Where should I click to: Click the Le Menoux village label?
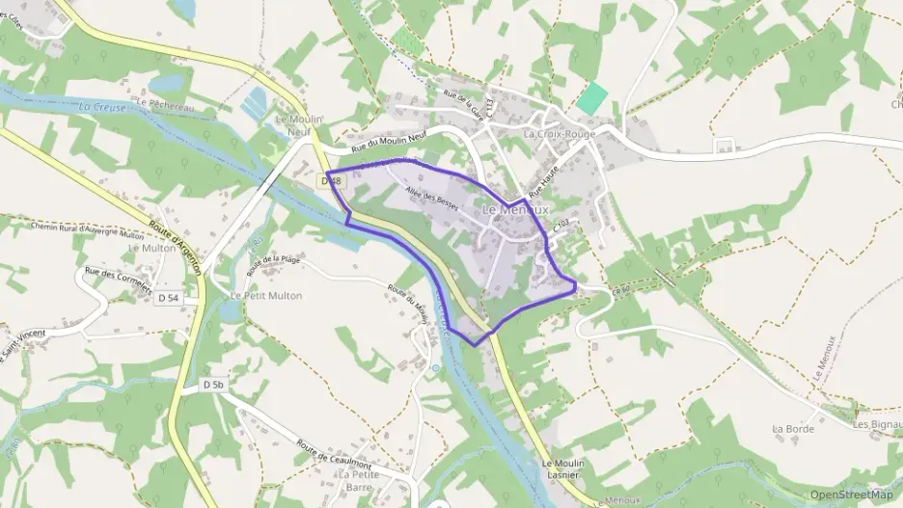click(515, 209)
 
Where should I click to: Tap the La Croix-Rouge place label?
click(560, 134)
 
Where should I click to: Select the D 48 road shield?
click(333, 180)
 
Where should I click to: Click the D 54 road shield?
click(168, 299)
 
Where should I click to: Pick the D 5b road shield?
click(213, 385)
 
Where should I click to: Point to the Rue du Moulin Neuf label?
click(389, 142)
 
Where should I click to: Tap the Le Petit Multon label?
click(266, 296)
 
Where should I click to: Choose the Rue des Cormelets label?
click(118, 281)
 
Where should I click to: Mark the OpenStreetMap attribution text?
click(852, 495)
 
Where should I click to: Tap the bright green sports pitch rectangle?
click(592, 97)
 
